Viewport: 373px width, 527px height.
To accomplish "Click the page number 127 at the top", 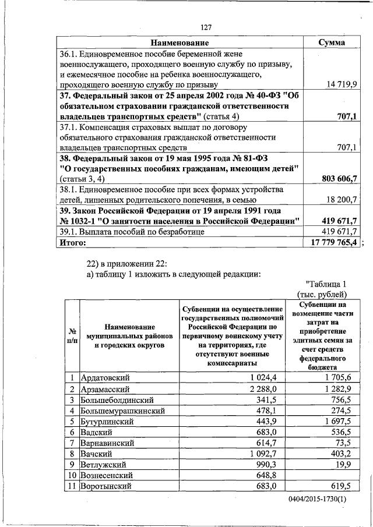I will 205,27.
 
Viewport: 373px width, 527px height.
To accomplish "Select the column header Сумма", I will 331,43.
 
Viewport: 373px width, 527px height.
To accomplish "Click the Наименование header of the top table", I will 180,43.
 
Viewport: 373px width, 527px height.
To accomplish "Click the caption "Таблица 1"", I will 326,284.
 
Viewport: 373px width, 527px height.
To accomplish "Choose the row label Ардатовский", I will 105,378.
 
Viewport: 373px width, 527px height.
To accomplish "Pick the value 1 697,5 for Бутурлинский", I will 338,421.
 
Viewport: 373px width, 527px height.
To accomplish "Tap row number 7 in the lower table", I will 71,443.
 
